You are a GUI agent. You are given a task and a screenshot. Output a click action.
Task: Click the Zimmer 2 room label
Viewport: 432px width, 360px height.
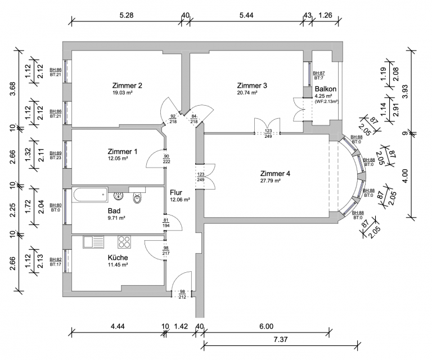click(x=127, y=85)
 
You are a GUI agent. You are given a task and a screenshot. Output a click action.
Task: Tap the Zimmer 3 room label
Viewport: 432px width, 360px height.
click(x=252, y=85)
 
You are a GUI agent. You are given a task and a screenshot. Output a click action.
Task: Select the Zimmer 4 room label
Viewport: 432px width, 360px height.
click(x=275, y=173)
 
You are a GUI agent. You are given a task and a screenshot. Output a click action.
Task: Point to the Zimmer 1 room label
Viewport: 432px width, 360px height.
click(x=123, y=152)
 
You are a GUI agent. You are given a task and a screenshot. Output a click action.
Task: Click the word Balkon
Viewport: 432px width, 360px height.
click(x=326, y=89)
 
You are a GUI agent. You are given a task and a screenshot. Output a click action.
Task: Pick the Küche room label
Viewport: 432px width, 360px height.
click(x=118, y=258)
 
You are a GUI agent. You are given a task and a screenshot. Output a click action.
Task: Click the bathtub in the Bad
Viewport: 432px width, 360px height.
click(x=90, y=196)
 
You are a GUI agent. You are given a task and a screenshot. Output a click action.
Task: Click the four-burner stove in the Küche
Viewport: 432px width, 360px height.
click(x=124, y=242)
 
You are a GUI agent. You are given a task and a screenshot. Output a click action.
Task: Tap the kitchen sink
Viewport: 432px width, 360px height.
click(x=93, y=242)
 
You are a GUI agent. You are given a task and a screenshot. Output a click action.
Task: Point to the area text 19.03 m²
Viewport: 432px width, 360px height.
click(x=124, y=93)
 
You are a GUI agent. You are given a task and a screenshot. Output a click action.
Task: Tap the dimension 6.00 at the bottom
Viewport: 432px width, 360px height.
click(x=266, y=326)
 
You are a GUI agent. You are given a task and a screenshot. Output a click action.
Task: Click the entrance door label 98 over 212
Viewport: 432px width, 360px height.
click(x=182, y=294)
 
